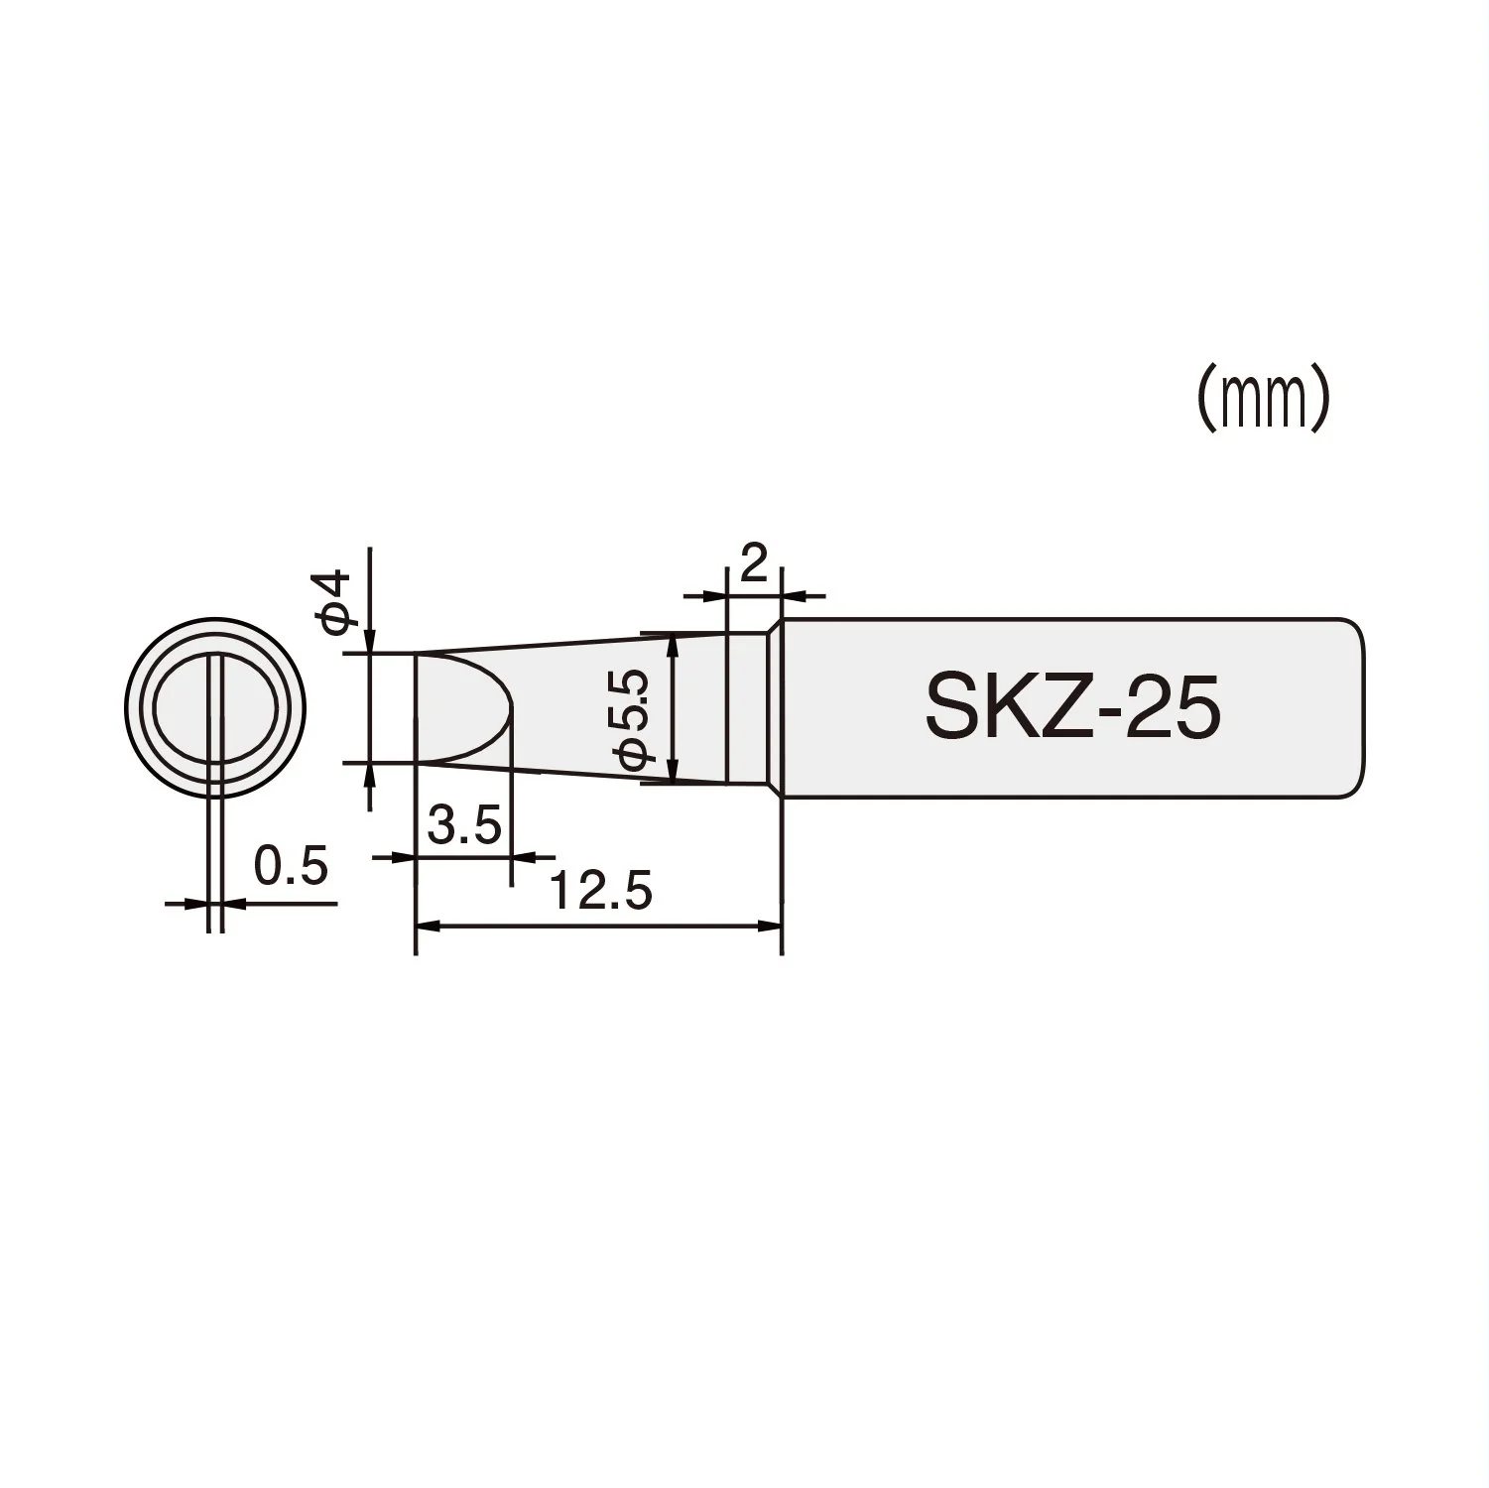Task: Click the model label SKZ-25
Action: [1071, 708]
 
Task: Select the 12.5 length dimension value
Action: [601, 891]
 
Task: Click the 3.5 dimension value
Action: [464, 824]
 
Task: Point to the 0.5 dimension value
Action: [291, 866]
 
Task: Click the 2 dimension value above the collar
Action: [754, 564]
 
